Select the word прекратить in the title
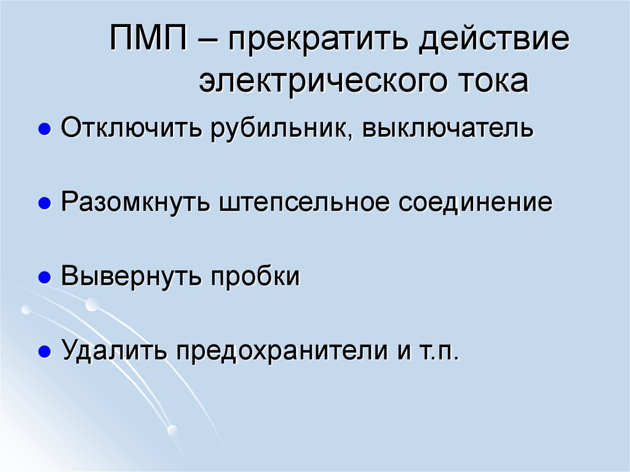pyautogui.click(x=313, y=42)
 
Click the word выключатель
pyautogui.click(x=447, y=129)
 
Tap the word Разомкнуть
pyautogui.click(x=135, y=202)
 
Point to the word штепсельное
pyautogui.click(x=305, y=202)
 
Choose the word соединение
pyautogui.click(x=476, y=202)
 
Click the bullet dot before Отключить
pyautogui.click(x=44, y=130)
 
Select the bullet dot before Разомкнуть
pyautogui.click(x=44, y=204)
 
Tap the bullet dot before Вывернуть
pyautogui.click(x=44, y=278)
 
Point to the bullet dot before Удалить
pyautogui.click(x=44, y=353)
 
